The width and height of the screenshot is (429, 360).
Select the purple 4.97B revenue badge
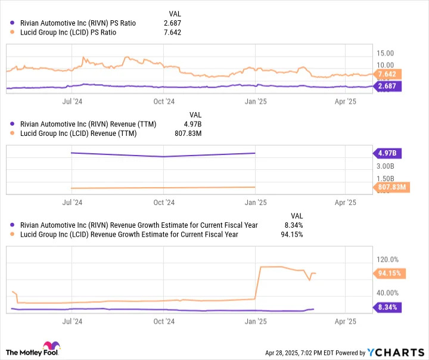[x=388, y=153]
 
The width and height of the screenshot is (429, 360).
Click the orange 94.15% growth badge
[x=388, y=274]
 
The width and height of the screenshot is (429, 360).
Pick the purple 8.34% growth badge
[x=388, y=308]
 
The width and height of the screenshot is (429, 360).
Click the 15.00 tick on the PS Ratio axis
[x=384, y=53]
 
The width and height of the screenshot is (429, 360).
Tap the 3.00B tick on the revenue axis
[x=386, y=166]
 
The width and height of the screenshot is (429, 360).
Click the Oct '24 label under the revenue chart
[x=164, y=203]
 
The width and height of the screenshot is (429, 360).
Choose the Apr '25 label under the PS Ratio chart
[x=346, y=101]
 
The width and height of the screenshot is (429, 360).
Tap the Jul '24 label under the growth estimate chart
[x=72, y=321]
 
